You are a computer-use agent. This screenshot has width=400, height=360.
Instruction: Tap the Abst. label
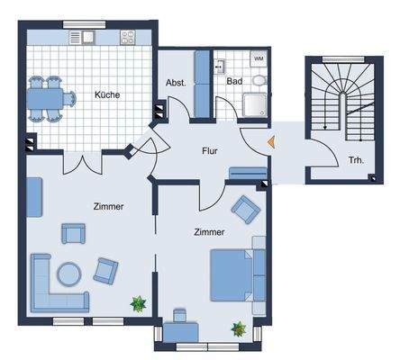(176, 83)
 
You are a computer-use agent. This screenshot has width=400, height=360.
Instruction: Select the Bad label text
(234, 81)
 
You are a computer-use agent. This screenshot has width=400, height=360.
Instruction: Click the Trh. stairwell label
(356, 162)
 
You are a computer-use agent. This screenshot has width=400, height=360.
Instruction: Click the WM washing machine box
(259, 59)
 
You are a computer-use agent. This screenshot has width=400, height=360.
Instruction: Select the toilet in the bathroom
(259, 80)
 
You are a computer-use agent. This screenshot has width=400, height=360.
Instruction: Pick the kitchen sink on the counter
(88, 38)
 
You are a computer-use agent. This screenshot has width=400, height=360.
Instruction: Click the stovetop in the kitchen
(127, 38)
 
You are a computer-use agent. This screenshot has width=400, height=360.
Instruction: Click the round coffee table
(68, 271)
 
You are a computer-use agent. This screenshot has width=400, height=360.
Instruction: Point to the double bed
(237, 274)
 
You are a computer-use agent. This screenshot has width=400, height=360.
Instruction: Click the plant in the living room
(137, 304)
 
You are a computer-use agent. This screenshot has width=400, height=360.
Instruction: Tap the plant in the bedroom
(238, 329)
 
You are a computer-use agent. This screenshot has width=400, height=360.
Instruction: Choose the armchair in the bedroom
(245, 209)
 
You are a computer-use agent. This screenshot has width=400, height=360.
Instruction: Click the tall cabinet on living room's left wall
(33, 197)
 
